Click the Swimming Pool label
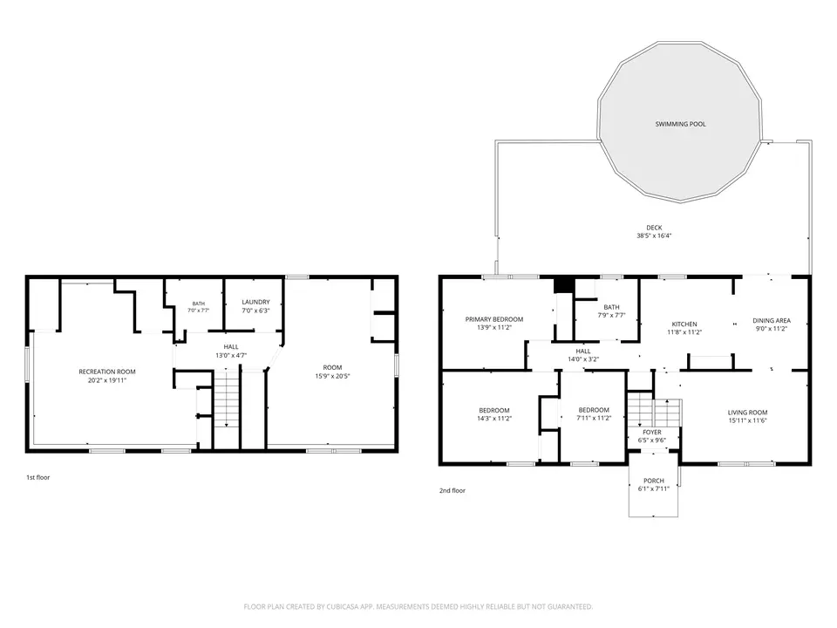click(681, 124)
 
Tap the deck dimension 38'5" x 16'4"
click(654, 235)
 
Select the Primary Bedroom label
click(494, 319)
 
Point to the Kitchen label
click(684, 324)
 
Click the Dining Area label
click(772, 320)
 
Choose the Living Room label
click(748, 413)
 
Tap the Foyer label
click(652, 432)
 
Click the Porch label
click(654, 481)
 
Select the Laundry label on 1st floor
click(255, 302)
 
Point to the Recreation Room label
click(107, 372)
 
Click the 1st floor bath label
click(199, 304)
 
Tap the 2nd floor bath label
click(612, 307)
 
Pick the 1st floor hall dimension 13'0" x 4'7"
click(231, 356)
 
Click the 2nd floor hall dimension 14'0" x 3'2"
click(583, 359)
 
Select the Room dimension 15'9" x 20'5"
click(332, 376)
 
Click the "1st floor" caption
click(38, 477)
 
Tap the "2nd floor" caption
click(453, 490)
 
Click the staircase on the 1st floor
click(227, 409)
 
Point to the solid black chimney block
click(562, 285)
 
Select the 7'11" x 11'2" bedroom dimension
click(594, 418)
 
